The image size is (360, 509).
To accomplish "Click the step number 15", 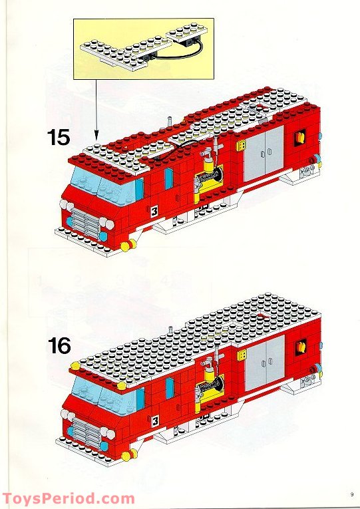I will [59, 138].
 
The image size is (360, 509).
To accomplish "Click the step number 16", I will [59, 346].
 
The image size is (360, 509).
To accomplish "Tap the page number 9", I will [350, 494].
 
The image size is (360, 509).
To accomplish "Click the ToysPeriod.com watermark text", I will [69, 498].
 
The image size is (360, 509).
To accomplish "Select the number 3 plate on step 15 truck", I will [154, 212].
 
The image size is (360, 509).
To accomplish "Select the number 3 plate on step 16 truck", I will [154, 420].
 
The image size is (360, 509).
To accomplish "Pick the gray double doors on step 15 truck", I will [264, 154].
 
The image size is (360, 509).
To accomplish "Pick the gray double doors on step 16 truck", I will [264, 363].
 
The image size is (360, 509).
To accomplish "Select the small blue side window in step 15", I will [168, 178].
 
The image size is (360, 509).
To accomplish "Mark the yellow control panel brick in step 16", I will [240, 355].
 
